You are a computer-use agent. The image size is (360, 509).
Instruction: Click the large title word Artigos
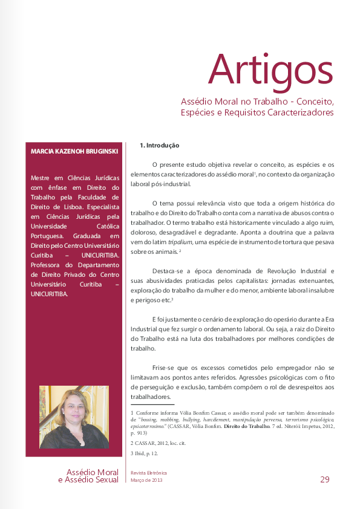coord(270,70)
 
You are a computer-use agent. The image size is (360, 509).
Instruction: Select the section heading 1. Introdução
coord(160,145)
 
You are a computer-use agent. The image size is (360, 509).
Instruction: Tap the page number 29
coord(325,479)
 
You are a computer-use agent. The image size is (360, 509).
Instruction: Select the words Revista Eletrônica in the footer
coord(148,473)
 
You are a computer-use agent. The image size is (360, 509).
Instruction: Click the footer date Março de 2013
coord(147,480)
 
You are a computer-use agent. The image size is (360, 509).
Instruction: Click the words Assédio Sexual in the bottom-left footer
coord(91,480)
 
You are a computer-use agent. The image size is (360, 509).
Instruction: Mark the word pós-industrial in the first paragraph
coord(172,184)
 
